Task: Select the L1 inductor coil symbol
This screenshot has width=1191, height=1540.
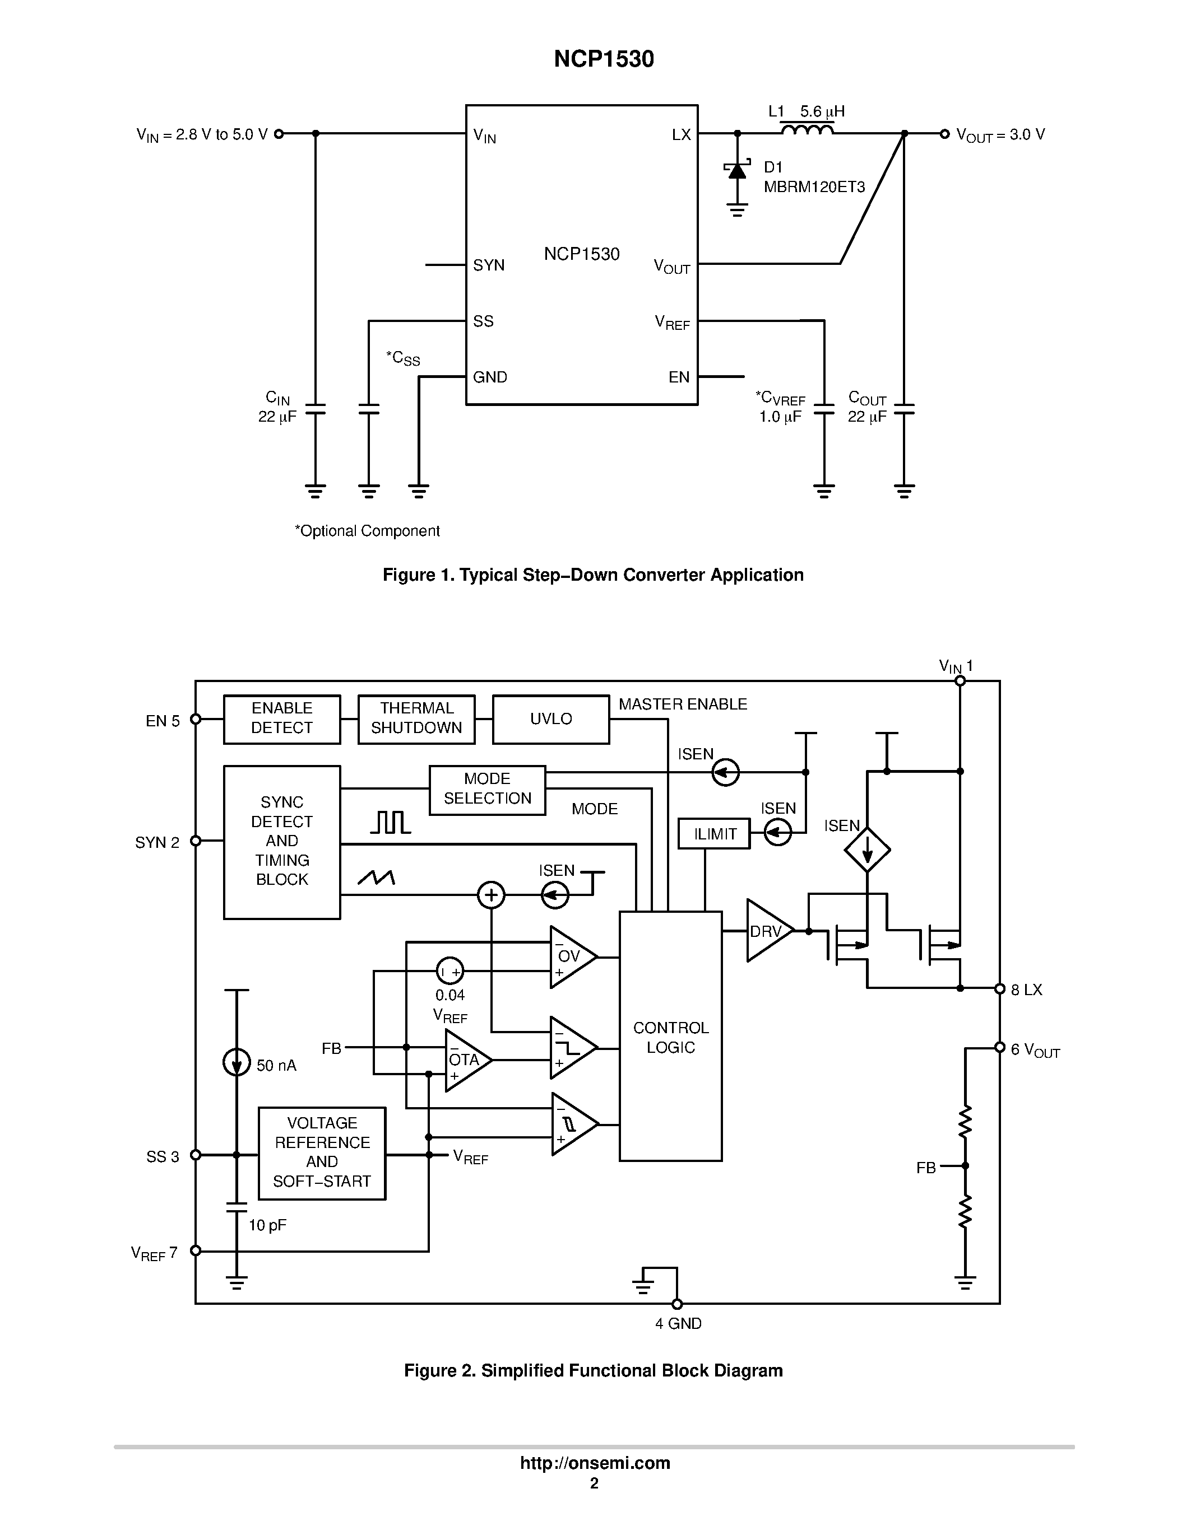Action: point(807,130)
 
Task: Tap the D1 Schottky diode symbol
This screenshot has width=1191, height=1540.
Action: point(738,171)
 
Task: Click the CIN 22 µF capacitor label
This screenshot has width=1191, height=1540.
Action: point(277,408)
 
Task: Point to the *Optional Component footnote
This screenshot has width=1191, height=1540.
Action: point(367,531)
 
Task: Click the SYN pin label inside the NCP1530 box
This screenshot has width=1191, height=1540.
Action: point(488,265)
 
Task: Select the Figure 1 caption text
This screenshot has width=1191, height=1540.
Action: point(592,575)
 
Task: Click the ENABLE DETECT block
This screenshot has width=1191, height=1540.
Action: point(281,718)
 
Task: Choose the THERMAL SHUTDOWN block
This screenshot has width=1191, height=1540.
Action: point(416,718)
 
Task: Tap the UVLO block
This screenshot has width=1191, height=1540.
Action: point(550,718)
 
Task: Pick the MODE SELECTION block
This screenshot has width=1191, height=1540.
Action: point(487,789)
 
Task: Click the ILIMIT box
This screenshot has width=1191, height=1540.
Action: point(714,834)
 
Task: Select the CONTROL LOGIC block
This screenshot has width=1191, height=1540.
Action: point(670,1037)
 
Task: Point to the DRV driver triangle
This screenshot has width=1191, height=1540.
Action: point(768,931)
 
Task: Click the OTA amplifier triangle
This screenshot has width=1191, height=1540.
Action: point(465,1060)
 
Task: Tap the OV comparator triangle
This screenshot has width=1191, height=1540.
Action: point(570,957)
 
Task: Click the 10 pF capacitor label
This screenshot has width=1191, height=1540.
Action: point(267,1225)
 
